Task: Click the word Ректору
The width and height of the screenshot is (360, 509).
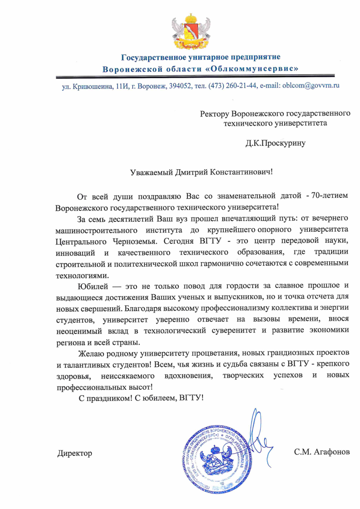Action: (215, 113)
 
